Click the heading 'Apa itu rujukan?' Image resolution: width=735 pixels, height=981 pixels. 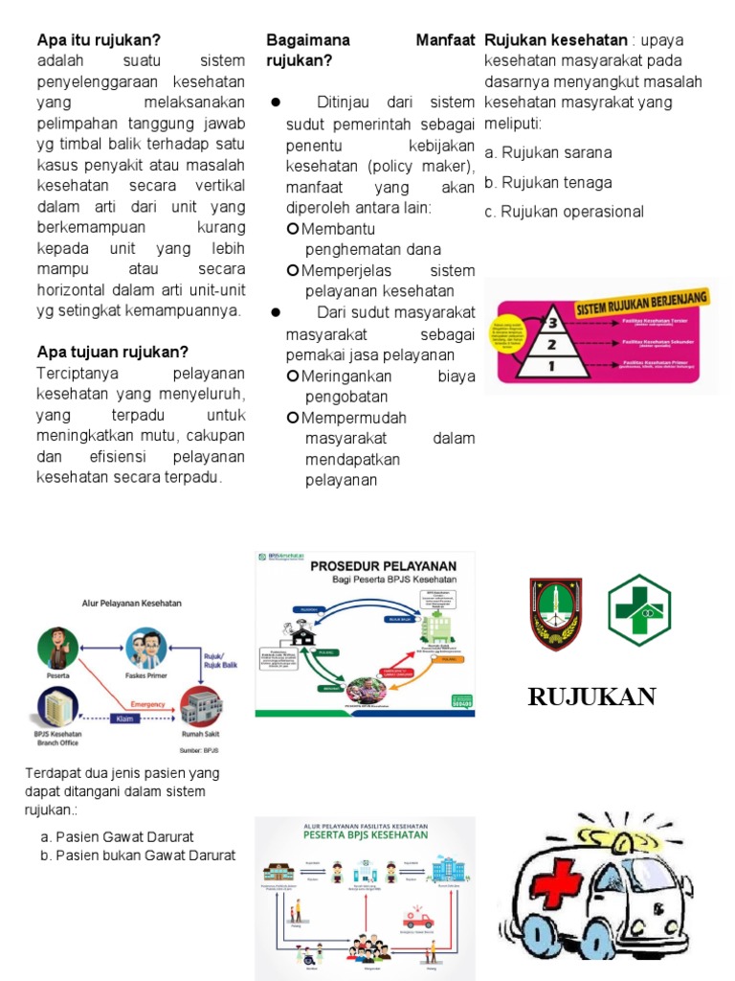point(99,40)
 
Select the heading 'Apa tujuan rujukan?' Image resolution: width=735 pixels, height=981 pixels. point(112,352)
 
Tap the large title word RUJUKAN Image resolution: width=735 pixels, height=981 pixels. point(591,696)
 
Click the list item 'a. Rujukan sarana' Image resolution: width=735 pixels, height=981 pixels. point(548,152)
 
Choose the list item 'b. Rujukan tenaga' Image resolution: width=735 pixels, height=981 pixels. point(548,182)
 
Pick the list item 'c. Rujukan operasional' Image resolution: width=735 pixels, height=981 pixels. point(564,212)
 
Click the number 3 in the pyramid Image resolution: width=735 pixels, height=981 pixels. point(551,323)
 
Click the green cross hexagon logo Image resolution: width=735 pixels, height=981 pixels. point(639,610)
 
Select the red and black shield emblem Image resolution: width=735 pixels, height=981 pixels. point(556,614)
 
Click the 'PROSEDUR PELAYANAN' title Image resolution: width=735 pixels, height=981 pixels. point(383,565)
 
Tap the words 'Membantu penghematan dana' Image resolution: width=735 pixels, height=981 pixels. point(364,240)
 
